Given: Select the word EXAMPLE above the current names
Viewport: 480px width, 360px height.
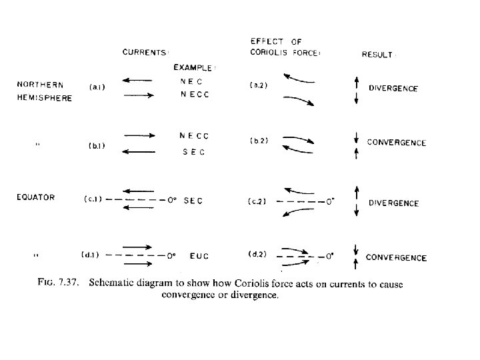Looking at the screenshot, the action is (195, 67).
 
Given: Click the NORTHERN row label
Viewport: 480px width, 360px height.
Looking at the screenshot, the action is (40, 85).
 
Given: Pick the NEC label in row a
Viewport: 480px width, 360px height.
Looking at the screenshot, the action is (191, 81).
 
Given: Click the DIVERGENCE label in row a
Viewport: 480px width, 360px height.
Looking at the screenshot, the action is (393, 89).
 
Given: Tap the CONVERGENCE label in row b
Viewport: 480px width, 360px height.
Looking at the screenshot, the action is (396, 142).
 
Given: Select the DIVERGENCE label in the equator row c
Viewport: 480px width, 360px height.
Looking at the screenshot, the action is (393, 203).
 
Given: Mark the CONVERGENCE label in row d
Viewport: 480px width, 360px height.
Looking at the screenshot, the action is (396, 257).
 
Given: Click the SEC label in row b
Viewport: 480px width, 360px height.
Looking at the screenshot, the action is (193, 152).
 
